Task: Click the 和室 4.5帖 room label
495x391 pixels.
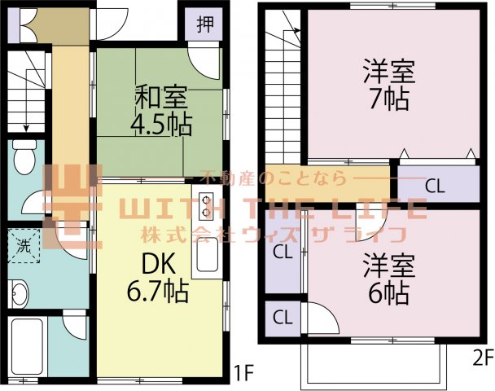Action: pos(160,111)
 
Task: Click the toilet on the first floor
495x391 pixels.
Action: pos(25,154)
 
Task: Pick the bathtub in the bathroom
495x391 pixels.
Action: pos(26,341)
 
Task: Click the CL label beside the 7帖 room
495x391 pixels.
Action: pos(436,185)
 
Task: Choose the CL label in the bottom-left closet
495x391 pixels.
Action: pos(282,316)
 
